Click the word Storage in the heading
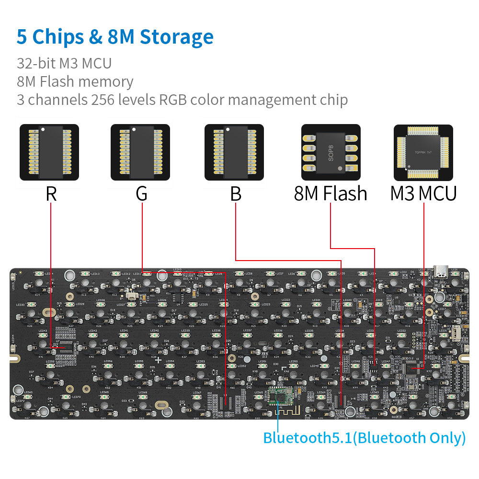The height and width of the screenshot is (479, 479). pyautogui.click(x=177, y=37)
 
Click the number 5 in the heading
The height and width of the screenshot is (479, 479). pyautogui.click(x=22, y=37)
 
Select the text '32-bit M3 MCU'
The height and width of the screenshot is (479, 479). pyautogui.click(x=64, y=63)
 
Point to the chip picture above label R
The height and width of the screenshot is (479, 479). pyautogui.click(x=49, y=152)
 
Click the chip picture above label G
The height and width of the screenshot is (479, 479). pyautogui.click(x=140, y=152)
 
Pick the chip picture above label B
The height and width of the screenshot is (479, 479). pyautogui.click(x=234, y=152)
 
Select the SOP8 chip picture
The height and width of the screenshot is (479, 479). pyautogui.click(x=331, y=152)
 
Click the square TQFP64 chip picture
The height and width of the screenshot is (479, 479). pyautogui.click(x=423, y=152)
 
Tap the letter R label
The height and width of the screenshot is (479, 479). pyautogui.click(x=51, y=194)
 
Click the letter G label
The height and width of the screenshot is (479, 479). pyautogui.click(x=141, y=194)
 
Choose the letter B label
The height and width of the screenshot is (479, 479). pyautogui.click(x=235, y=194)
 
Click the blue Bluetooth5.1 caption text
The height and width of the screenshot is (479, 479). pyautogui.click(x=364, y=437)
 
